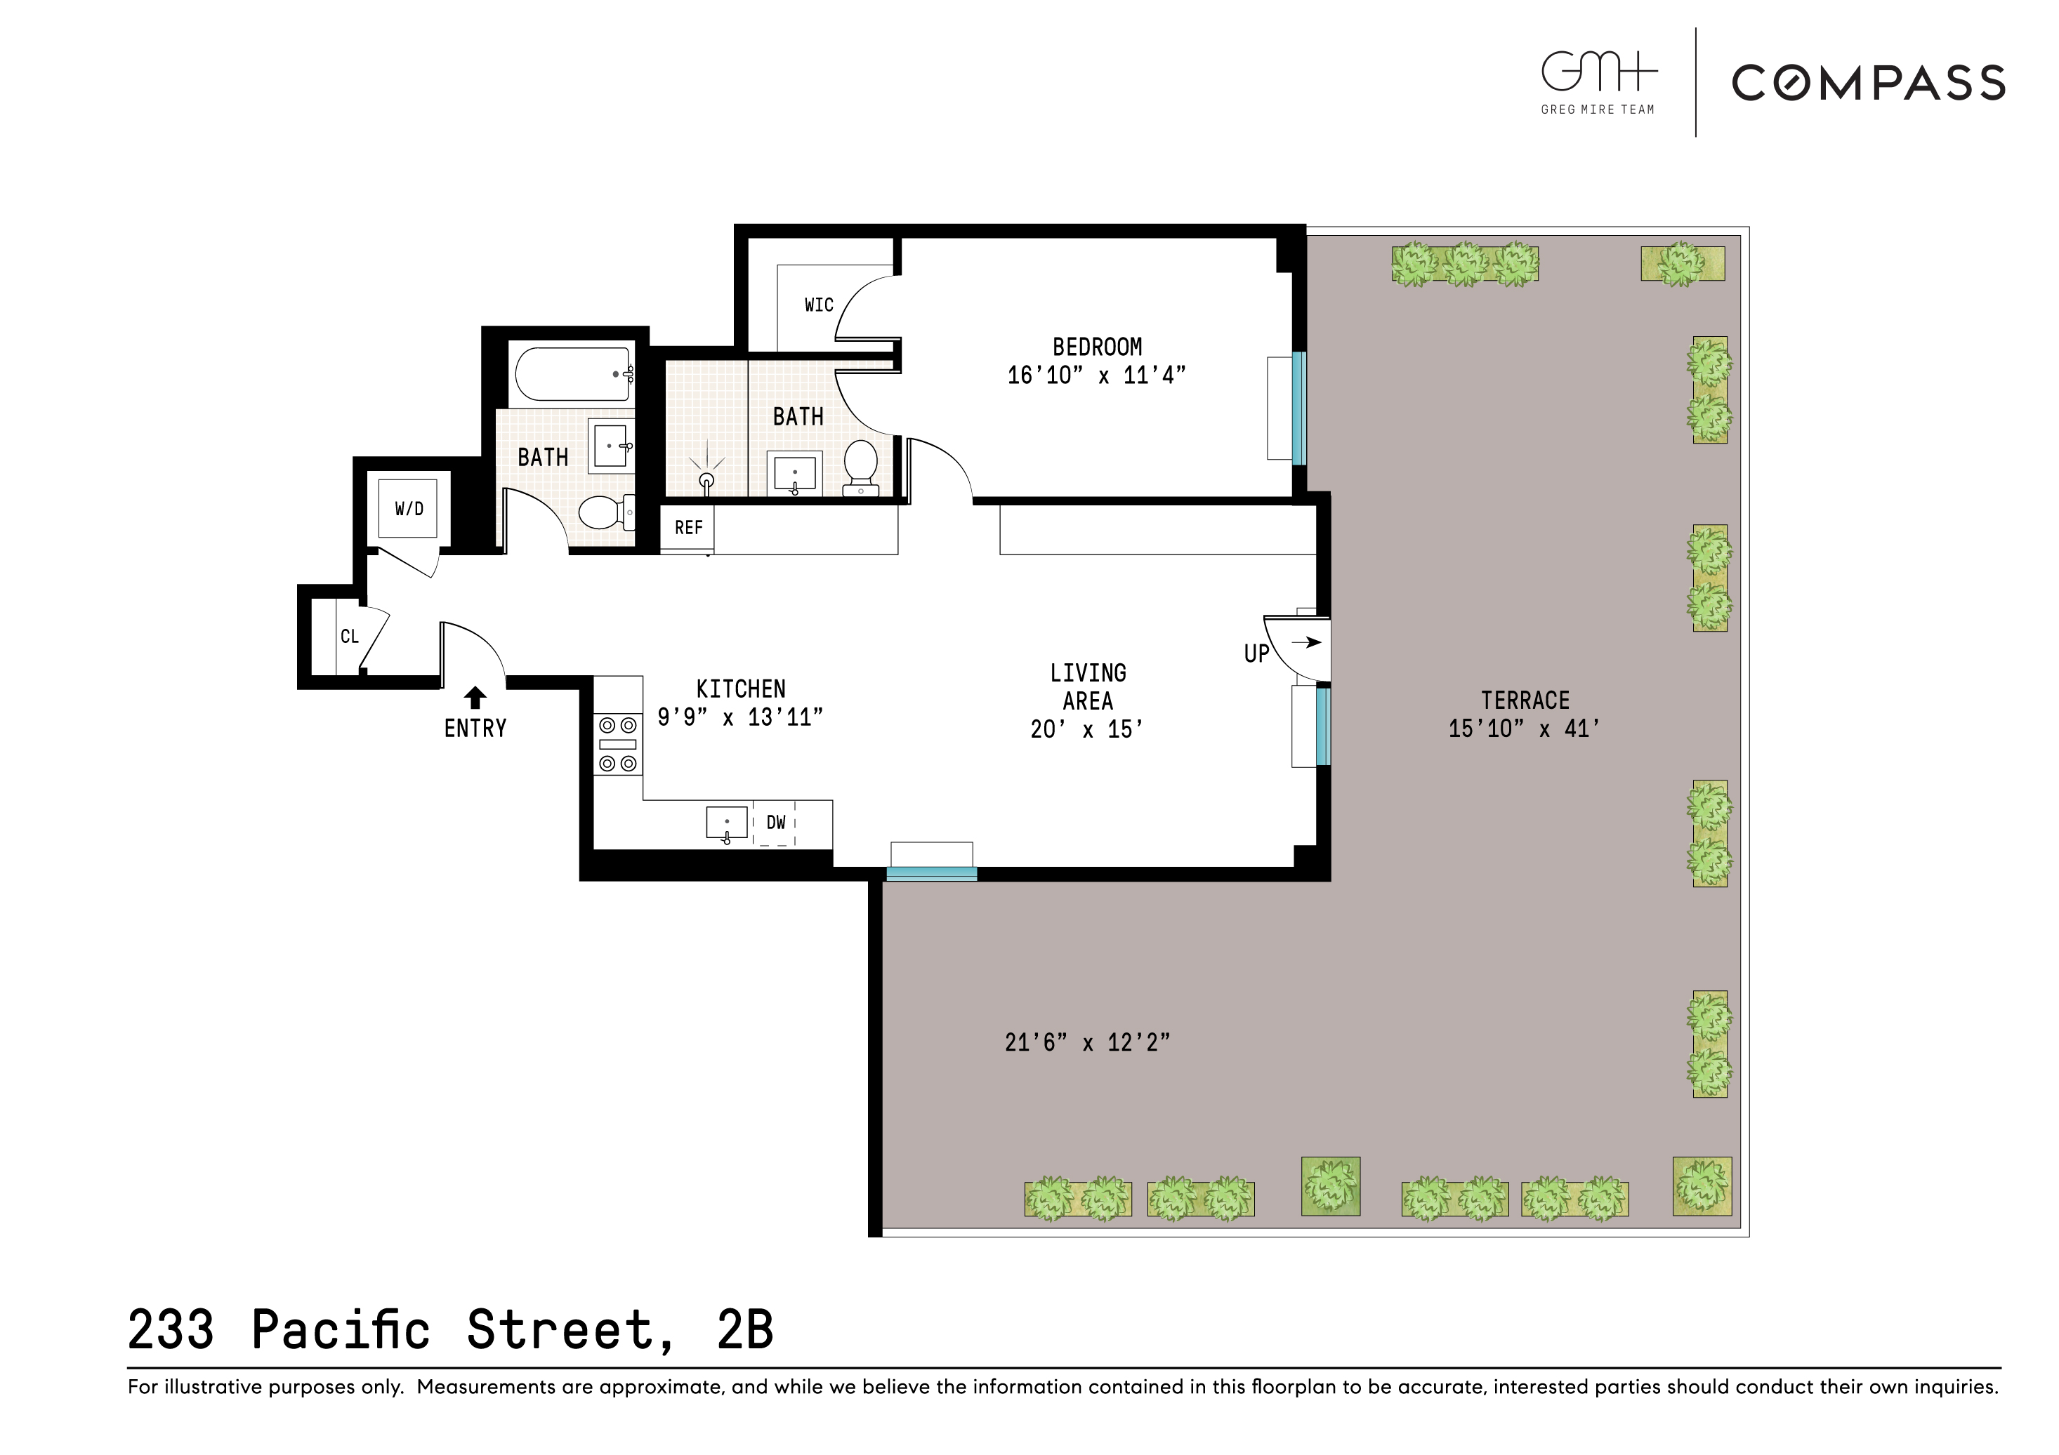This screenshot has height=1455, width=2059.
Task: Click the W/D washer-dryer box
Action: pos(408,508)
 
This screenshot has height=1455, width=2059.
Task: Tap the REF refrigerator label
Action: pos(688,528)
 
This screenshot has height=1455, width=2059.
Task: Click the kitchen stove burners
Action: pos(618,744)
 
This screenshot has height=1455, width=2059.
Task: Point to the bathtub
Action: pos(572,374)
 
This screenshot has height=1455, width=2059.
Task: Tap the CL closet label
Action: pos(349,637)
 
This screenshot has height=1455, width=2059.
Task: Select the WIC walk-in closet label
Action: pos(818,305)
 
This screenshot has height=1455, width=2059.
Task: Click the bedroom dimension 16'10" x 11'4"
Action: pos(1096,376)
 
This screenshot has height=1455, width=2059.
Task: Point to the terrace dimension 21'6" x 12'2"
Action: pos(1087,1042)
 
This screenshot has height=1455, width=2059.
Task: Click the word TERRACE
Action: pos(1525,700)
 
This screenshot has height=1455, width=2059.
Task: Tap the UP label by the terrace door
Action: pos(1256,653)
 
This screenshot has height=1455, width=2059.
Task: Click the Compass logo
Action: pos(1867,84)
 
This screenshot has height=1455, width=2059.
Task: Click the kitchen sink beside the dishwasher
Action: pos(726,822)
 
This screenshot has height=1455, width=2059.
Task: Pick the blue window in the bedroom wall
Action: pos(1298,408)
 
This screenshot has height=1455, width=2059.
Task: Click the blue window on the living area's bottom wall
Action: pos(931,873)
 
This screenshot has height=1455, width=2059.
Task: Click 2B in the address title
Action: pos(744,1329)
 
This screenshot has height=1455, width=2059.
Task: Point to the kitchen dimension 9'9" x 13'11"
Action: pos(740,717)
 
